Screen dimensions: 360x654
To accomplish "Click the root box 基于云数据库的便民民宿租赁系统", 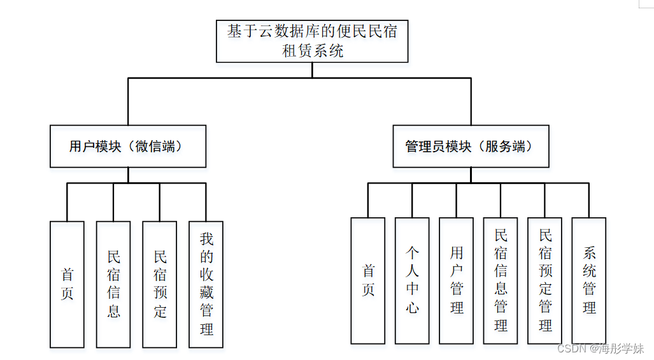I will pos(312,41).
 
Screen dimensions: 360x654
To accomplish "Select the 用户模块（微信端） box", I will pos(128,147).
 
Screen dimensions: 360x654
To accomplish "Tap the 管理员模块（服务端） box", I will pos(471,147).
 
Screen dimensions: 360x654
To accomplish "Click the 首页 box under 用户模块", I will pos(67,284).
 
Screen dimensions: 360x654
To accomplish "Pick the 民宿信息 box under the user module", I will pos(113,284).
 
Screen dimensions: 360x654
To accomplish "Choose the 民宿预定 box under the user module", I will pos(160,284).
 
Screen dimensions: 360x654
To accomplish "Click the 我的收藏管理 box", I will pos(206,284).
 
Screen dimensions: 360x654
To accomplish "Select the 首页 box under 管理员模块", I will pos(368,281).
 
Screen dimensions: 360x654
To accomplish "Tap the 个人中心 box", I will pos(412,281).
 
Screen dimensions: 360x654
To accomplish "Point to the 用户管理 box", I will pos(457,281).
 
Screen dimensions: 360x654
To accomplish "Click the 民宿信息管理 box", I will pos(501,281).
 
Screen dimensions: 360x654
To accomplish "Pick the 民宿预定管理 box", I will pos(545,281).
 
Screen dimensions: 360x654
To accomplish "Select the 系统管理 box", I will pos(589,281).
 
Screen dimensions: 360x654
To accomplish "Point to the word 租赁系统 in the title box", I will pos(313,51).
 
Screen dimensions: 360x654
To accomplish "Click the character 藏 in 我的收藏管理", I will pos(206,292).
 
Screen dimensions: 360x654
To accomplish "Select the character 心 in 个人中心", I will pos(412,308).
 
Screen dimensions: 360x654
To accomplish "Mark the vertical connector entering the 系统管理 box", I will pos(589,200).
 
